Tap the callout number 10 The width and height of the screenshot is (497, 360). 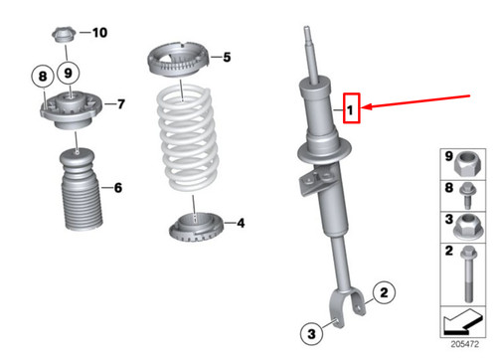(99, 33)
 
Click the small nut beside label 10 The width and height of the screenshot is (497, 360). (60, 37)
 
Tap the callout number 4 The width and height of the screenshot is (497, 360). (240, 224)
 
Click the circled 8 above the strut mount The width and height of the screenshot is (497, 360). (42, 75)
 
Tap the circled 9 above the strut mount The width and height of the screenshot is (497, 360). (69, 72)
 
